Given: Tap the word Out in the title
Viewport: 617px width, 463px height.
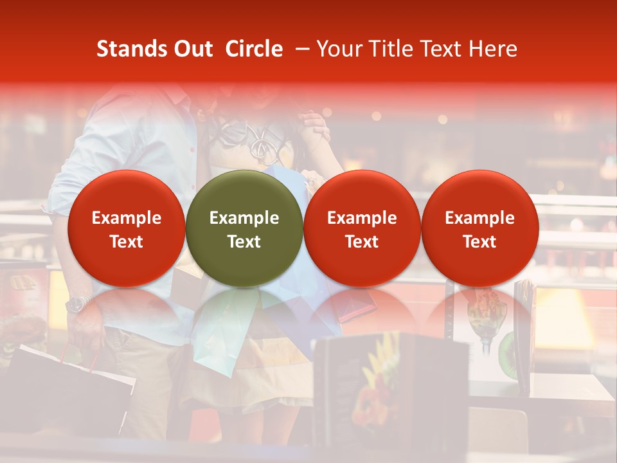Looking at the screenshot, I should (193, 49).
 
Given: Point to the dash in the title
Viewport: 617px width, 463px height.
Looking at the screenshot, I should (300, 49).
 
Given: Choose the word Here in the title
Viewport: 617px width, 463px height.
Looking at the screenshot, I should (492, 49).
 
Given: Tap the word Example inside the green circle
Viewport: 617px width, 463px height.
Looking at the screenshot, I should (244, 218).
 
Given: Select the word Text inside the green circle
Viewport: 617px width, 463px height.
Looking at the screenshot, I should (244, 242).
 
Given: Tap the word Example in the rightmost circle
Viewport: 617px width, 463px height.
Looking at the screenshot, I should (480, 218).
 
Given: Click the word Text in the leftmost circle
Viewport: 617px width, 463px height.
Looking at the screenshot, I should (126, 242).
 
